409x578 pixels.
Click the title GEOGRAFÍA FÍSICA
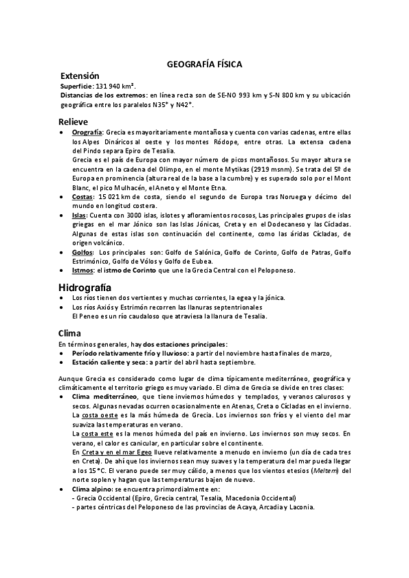click(204, 64)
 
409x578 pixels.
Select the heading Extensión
click(80, 76)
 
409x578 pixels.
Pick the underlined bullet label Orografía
click(87, 132)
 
